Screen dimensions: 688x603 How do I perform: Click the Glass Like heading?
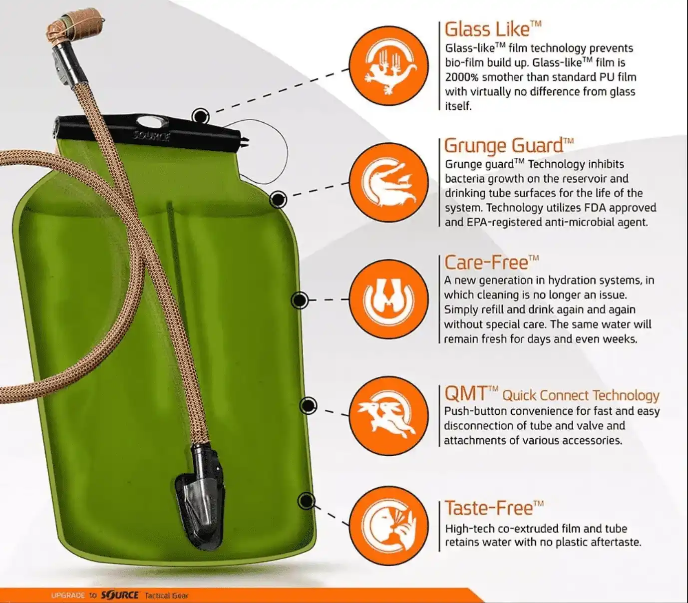(492, 29)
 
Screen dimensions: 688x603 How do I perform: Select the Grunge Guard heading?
(509, 146)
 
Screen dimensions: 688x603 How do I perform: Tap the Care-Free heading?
(491, 263)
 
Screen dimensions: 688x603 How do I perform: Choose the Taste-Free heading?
(494, 508)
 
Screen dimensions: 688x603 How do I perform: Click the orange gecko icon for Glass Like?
(389, 66)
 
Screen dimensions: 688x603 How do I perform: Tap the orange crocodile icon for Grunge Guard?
(389, 183)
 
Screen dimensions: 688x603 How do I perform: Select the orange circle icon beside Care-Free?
(389, 299)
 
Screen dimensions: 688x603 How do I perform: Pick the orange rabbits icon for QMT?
(389, 416)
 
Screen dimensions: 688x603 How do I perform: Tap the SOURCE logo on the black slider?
(152, 136)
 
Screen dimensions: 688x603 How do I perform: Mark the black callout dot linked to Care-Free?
(300, 300)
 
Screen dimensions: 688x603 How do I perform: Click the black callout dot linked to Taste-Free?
(307, 501)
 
